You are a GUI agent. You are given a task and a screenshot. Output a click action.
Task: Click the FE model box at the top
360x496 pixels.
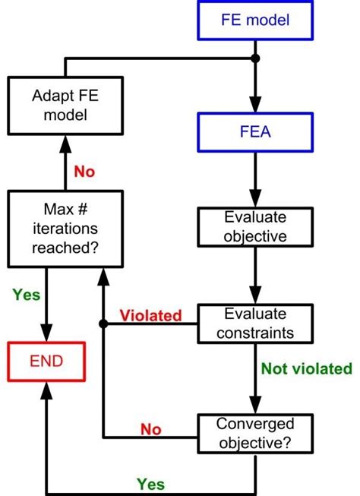[x=254, y=21]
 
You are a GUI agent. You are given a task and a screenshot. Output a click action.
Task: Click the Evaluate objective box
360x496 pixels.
[x=254, y=226]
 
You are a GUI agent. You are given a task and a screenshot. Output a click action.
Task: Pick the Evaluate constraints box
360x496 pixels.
[x=254, y=323]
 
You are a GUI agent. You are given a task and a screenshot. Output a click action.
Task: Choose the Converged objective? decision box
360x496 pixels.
[x=254, y=432]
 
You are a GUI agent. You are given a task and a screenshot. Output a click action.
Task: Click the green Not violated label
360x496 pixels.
[x=306, y=369]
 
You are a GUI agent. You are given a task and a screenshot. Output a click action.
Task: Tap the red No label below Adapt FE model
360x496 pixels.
[x=84, y=172]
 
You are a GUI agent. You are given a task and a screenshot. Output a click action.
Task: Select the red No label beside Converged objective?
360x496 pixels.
[x=151, y=430]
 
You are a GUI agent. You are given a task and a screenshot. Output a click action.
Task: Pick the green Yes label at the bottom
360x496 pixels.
[x=151, y=483]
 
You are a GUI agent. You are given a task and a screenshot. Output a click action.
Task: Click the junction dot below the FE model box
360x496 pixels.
[x=254, y=58]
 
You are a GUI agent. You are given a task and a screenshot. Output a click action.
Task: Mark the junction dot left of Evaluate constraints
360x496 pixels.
[x=103, y=323]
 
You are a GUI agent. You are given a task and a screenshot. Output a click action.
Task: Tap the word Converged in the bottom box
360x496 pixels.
[x=254, y=423]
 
